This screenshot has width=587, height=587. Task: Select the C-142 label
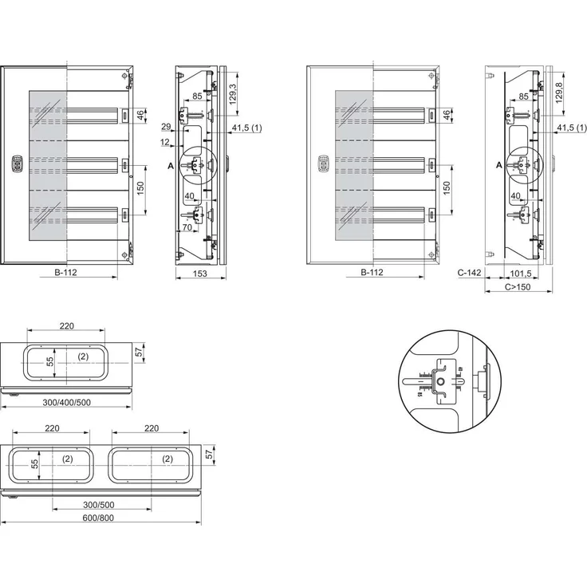tap(470, 273)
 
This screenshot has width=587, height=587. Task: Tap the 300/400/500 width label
tap(66, 401)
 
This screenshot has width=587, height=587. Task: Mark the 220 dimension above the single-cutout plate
tap(65, 325)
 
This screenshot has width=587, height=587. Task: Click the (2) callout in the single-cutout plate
tap(83, 357)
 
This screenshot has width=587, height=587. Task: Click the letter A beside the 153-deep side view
tap(171, 165)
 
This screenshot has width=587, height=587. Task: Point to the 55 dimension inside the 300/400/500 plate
tap(49, 361)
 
